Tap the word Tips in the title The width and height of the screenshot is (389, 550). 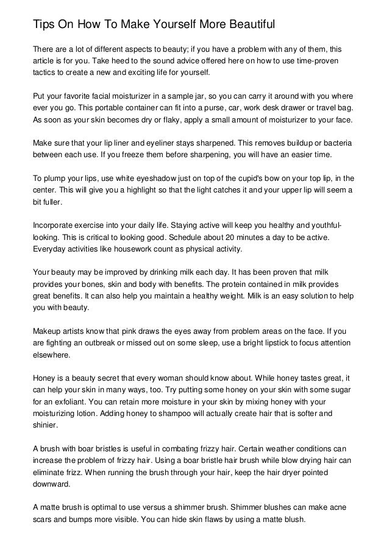click(44, 24)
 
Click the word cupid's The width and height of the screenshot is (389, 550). click(224, 179)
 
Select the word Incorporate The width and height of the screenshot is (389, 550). click(55, 227)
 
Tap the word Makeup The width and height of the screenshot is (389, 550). click(48, 332)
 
